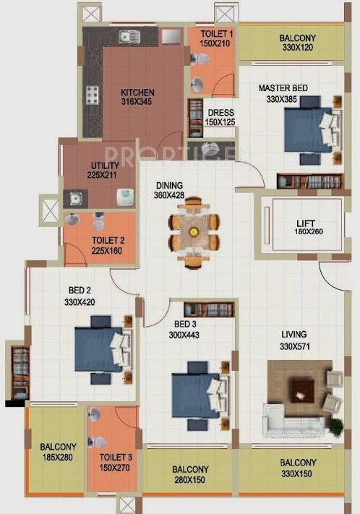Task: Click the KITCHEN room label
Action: [137, 92]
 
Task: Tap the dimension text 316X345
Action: [137, 102]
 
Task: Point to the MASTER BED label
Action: [284, 88]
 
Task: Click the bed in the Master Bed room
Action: [309, 132]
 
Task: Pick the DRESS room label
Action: [219, 113]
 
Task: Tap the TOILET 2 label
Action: [108, 240]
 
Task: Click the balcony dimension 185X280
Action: [58, 457]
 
